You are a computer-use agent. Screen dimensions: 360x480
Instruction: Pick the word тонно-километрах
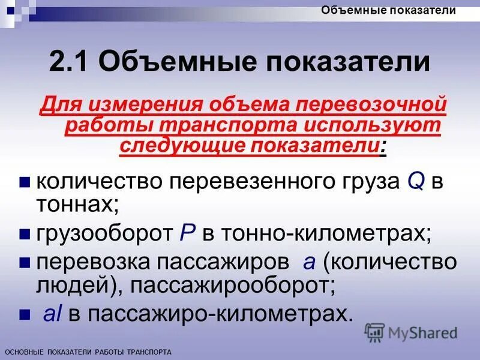[x=326, y=233]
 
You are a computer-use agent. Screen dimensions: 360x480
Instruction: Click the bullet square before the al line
[x=25, y=315]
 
